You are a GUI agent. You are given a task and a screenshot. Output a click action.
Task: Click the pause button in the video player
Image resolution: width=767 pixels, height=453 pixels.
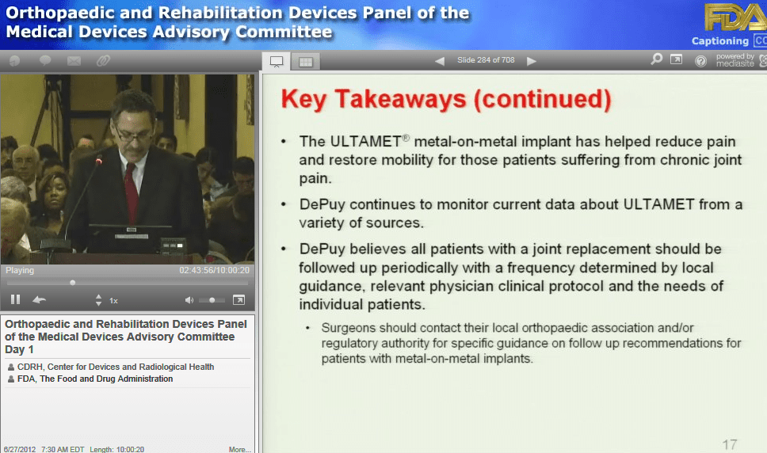click(x=15, y=299)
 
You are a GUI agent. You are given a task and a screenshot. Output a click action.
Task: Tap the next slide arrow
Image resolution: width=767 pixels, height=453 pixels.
click(x=532, y=61)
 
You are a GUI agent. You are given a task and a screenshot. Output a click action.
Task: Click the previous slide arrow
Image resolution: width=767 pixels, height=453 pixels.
click(x=440, y=61)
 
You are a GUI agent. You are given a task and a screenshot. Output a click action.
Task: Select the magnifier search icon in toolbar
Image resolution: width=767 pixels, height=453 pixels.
click(x=656, y=59)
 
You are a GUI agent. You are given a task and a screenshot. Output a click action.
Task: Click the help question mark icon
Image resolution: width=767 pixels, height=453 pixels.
click(x=700, y=61)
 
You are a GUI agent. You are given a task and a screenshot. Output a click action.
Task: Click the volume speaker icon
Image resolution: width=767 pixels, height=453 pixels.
click(x=189, y=300)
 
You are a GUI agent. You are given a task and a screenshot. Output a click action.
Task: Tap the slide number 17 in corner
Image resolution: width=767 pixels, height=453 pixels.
click(x=729, y=444)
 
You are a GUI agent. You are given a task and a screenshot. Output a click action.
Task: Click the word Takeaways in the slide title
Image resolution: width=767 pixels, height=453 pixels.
click(x=400, y=99)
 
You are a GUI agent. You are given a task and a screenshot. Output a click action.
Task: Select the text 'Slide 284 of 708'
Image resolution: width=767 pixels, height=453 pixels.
click(x=486, y=60)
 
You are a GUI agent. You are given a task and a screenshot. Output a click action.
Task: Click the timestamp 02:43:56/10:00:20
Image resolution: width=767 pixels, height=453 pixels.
click(x=214, y=270)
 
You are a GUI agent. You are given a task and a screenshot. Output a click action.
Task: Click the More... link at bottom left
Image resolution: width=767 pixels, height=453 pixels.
click(x=239, y=449)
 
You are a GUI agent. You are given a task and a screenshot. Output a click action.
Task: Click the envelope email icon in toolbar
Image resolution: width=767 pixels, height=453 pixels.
click(x=74, y=61)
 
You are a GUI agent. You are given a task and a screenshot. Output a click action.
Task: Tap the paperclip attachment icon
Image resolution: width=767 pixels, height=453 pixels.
click(x=103, y=61)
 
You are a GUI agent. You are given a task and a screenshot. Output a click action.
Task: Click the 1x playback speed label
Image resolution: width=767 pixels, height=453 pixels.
click(x=113, y=300)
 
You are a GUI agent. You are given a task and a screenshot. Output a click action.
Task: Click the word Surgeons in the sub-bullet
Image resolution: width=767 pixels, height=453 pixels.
click(x=348, y=328)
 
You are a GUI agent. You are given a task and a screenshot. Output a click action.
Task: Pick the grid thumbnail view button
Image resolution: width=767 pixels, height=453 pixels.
click(x=306, y=62)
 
